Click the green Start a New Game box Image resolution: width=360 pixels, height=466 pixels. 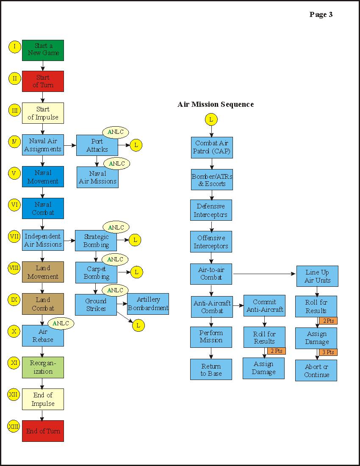click(x=43, y=50)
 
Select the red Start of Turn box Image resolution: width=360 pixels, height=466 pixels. click(x=43, y=81)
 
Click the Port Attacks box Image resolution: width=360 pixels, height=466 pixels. click(x=97, y=145)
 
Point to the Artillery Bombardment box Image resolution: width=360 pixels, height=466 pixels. click(x=148, y=304)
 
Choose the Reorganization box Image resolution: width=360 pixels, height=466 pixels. click(x=43, y=367)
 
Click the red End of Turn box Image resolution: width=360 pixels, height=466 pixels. click(x=43, y=431)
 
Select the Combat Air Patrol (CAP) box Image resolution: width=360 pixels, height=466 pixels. click(x=211, y=147)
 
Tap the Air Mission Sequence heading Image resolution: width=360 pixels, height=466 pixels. click(x=216, y=104)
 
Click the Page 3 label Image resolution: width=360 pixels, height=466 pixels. click(x=321, y=15)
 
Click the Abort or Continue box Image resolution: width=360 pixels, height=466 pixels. click(x=316, y=371)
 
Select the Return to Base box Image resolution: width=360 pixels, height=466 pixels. click(x=211, y=369)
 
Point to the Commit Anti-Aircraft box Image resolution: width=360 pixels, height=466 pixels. click(x=264, y=306)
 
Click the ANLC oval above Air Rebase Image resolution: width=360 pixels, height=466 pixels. click(x=61, y=323)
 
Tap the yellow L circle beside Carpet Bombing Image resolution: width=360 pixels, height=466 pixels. click(x=136, y=272)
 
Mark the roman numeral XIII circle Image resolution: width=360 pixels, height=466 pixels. click(x=14, y=426)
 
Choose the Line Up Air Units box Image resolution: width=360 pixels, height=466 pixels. click(x=317, y=276)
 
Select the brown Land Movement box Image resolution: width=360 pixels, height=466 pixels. click(x=43, y=272)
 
